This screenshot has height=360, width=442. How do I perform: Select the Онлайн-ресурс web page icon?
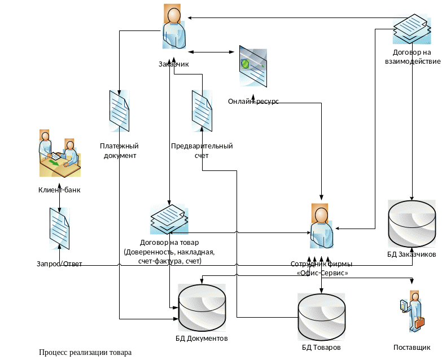(x=252, y=66)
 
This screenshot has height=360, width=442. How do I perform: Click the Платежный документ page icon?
(x=119, y=111)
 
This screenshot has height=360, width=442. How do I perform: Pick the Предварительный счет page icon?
(x=202, y=111)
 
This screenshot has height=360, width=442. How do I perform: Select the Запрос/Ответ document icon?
(x=59, y=228)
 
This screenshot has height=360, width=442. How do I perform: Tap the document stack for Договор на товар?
(x=168, y=219)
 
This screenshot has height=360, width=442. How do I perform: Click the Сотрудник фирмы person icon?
(x=320, y=226)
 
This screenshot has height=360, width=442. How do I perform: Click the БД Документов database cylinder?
(x=202, y=308)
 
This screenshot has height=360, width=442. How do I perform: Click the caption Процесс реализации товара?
(x=86, y=353)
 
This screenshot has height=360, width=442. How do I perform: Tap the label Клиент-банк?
(x=59, y=190)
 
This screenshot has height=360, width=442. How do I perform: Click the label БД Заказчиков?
(x=411, y=254)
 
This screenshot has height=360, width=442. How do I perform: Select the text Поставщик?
(x=412, y=348)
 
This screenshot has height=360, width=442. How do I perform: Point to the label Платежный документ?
(x=119, y=151)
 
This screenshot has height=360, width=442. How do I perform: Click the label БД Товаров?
(x=321, y=348)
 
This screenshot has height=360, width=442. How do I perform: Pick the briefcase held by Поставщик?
(x=419, y=322)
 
